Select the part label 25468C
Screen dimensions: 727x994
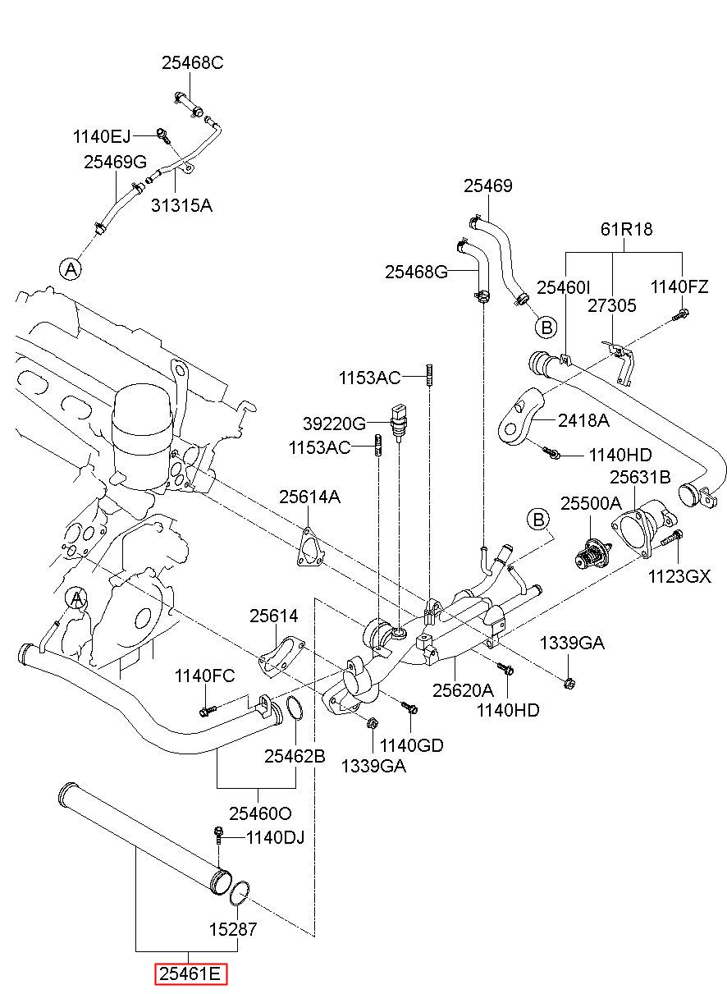point(193,63)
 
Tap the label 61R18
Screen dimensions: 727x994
point(626,229)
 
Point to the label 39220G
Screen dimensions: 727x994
point(334,424)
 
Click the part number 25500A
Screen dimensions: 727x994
point(591,503)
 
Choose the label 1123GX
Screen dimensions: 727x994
point(679,576)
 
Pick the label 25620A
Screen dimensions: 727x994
point(463,690)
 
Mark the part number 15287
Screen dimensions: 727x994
point(233,929)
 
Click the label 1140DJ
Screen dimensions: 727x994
point(275,838)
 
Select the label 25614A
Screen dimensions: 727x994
point(309,497)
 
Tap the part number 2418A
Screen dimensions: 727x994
point(583,420)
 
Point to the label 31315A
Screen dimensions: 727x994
point(181,205)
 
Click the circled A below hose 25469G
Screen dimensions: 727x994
point(71,269)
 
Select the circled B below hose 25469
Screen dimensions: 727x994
point(546,328)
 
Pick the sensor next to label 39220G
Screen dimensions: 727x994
point(399,422)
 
